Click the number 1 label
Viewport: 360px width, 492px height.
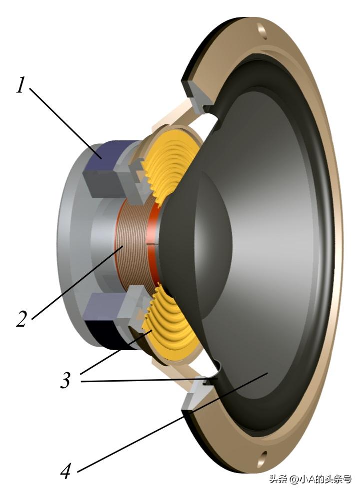tap(21, 85)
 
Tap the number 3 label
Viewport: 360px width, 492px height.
tap(65, 380)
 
